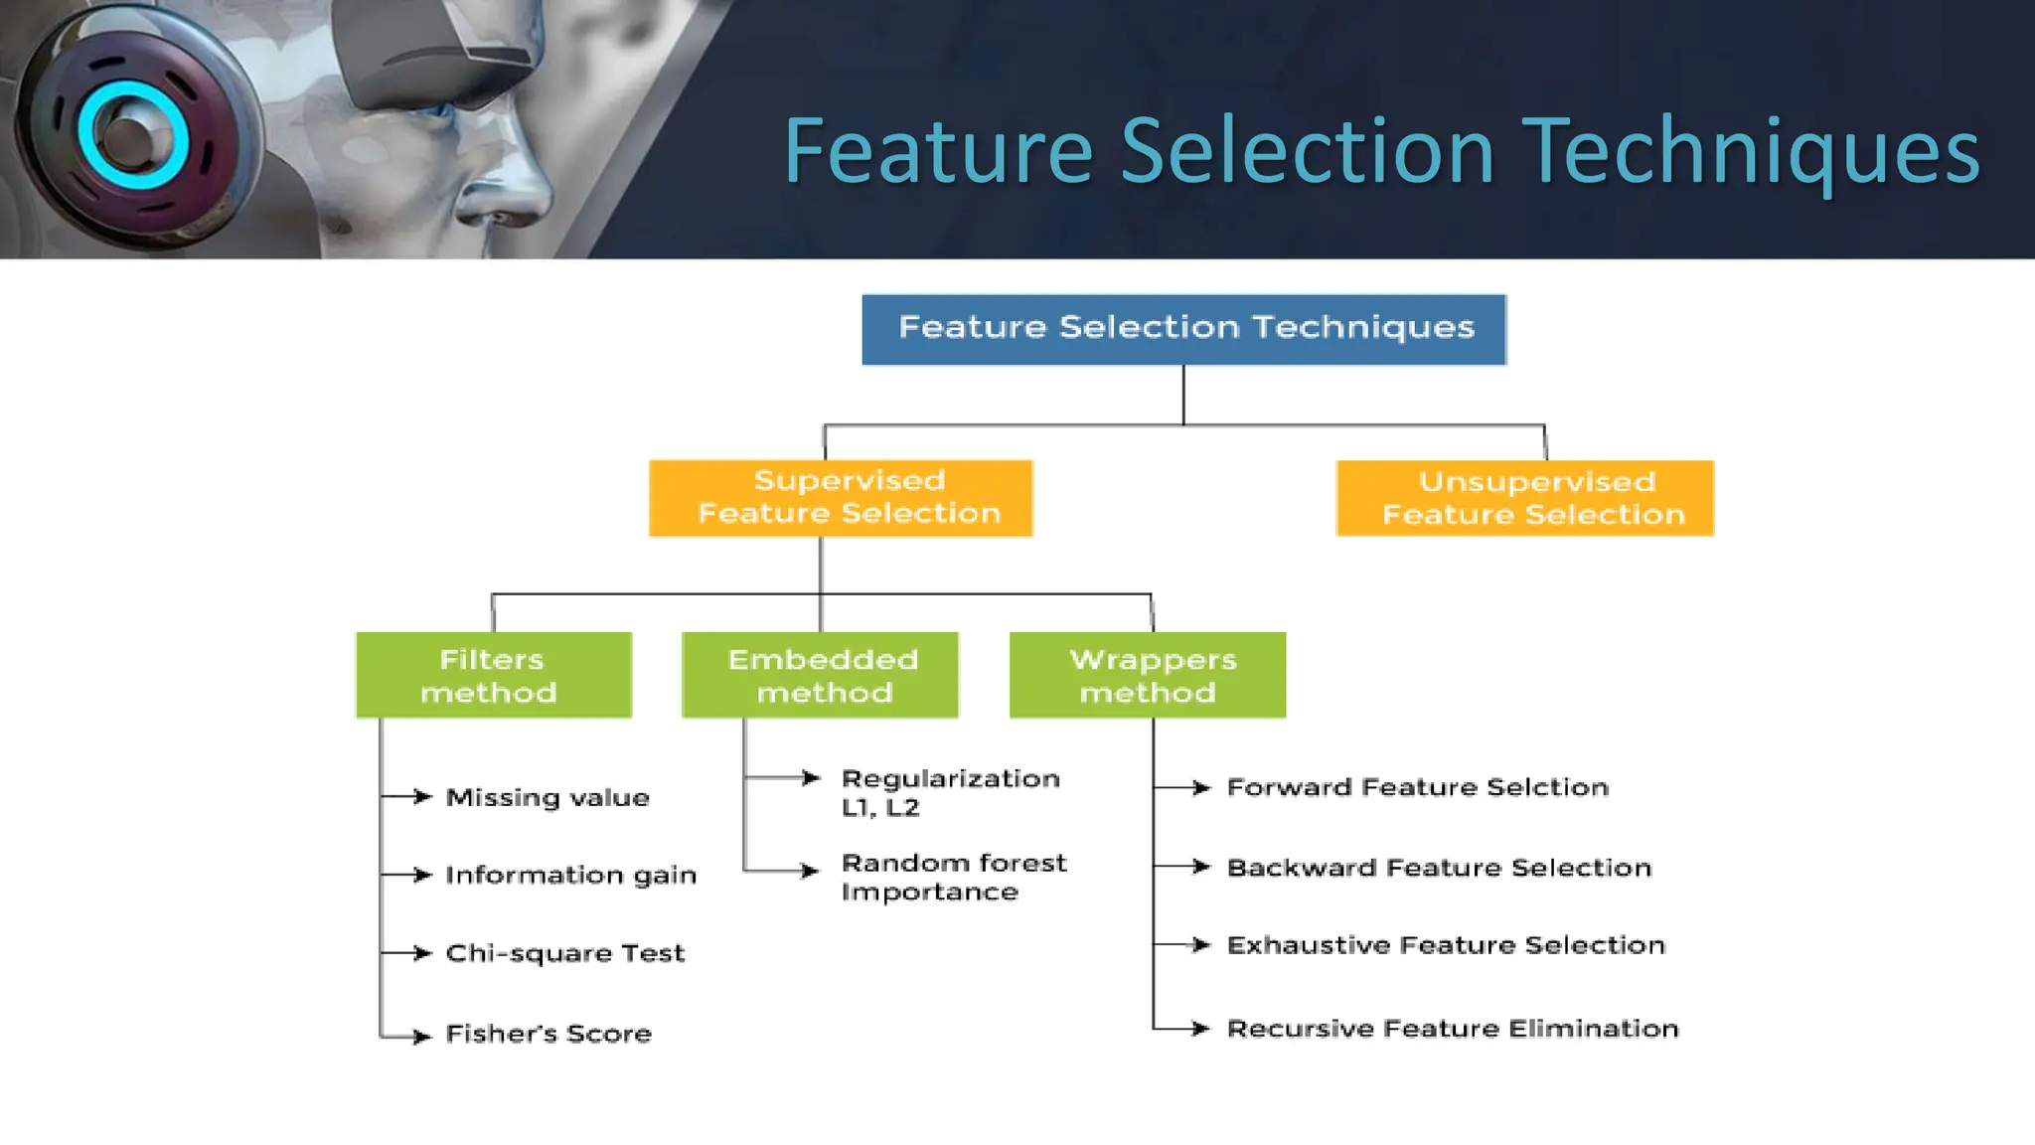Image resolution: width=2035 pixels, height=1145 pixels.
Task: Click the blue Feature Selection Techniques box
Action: [x=1183, y=329]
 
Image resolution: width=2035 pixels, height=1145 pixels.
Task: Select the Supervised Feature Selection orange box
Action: [x=841, y=498]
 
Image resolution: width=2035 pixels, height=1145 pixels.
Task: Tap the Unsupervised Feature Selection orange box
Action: [x=1525, y=498]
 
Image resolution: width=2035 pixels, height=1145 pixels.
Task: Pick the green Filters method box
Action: [x=494, y=675]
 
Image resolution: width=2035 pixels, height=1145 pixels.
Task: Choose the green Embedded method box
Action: [x=821, y=675]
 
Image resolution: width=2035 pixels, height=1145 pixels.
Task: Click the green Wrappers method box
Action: [x=1148, y=675]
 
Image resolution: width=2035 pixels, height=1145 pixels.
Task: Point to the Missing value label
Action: [x=548, y=797]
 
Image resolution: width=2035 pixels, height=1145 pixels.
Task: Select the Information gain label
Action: [x=570, y=875]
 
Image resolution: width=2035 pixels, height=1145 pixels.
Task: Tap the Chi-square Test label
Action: [x=564, y=953]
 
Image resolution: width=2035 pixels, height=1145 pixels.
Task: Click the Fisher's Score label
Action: [x=548, y=1034]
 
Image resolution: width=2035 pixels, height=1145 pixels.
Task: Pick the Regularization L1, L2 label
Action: [x=950, y=792]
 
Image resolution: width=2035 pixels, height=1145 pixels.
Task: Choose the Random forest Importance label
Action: [x=953, y=877]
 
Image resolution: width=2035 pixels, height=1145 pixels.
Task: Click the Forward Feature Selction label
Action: [x=1417, y=787]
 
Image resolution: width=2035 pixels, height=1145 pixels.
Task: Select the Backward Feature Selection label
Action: [x=1439, y=868]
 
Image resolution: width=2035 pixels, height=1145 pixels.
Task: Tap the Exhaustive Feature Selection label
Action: [x=1446, y=945]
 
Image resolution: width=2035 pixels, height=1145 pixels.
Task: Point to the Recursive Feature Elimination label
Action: [x=1452, y=1029]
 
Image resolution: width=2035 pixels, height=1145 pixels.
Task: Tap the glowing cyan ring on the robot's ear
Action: [x=133, y=135]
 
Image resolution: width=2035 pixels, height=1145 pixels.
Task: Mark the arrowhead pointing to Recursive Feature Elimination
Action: [x=1201, y=1029]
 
